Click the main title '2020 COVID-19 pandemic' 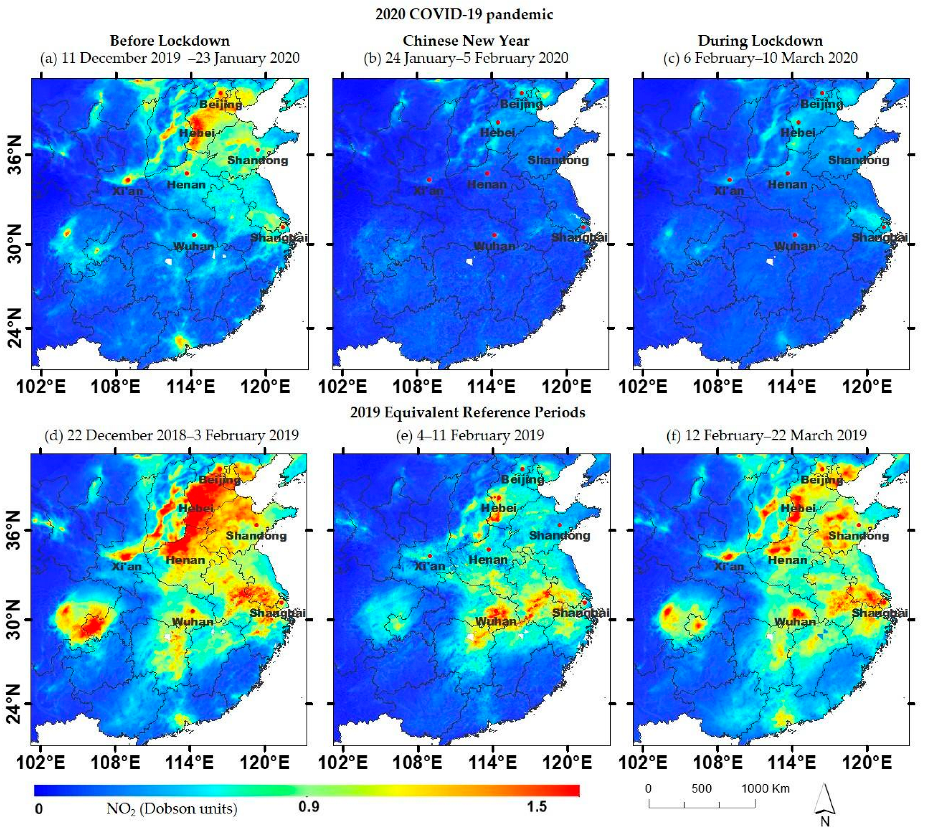(x=464, y=14)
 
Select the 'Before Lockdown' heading (x=170, y=41)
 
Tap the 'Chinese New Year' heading (x=466, y=41)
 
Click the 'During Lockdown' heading (x=760, y=41)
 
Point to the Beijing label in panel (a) (x=221, y=104)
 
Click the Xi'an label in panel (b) (x=428, y=190)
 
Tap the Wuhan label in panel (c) (x=794, y=247)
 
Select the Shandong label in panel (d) (x=256, y=536)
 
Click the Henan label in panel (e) (x=488, y=560)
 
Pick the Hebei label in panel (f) (x=798, y=508)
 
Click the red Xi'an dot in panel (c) (x=729, y=180)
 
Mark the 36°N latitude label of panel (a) (x=15, y=155)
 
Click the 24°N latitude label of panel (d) (x=15, y=704)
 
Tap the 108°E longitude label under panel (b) (x=417, y=387)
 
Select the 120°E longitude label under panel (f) (x=866, y=762)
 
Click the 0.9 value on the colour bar (x=309, y=819)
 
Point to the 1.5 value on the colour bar (x=536, y=819)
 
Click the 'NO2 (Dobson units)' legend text (x=172, y=822)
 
